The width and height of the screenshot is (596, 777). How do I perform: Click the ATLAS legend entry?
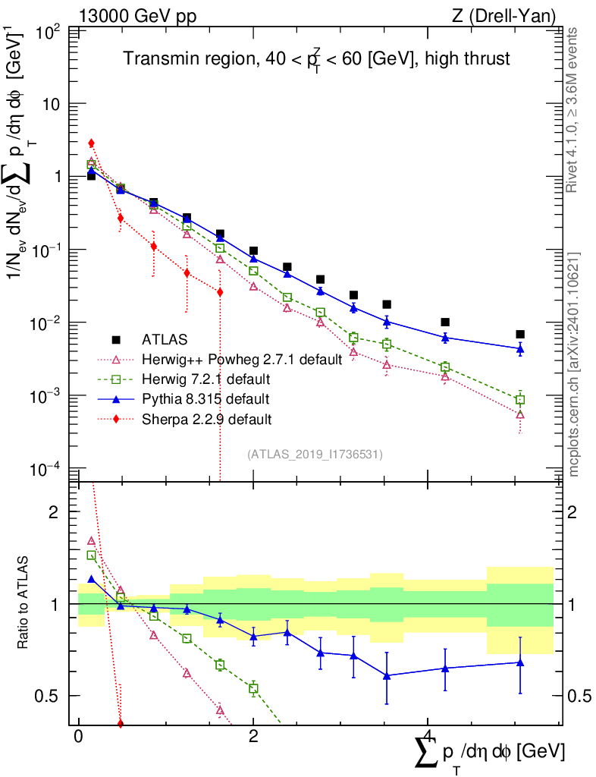165,338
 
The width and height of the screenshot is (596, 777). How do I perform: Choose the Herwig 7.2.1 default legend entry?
205,379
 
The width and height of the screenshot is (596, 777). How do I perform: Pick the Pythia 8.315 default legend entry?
205,398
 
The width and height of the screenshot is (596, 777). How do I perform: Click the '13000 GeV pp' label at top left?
136,15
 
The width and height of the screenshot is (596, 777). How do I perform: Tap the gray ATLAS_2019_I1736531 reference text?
315,455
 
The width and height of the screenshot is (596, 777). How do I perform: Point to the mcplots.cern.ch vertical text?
574,364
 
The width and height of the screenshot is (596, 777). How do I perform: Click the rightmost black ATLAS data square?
519,334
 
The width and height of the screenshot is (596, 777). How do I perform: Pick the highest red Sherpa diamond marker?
91,143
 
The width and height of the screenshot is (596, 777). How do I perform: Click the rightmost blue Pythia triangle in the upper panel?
519,349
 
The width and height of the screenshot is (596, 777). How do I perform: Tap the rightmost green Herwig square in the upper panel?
519,400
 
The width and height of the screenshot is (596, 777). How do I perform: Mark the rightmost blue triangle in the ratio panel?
519,662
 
